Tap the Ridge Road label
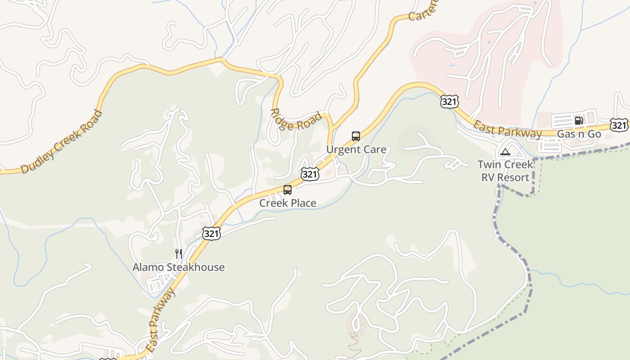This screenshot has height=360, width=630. pos(297,120)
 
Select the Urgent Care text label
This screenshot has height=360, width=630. pos(356,149)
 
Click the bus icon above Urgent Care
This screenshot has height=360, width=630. pos(356,136)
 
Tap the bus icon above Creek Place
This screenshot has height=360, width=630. pos(288,190)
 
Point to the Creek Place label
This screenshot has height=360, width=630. pos(288,203)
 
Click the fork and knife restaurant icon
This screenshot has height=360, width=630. pos(179,254)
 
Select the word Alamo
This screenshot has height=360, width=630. pos(148,267)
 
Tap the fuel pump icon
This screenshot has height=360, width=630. pos(579,120)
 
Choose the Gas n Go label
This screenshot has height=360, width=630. pos(579,134)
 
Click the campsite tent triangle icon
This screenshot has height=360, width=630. pos(505,152)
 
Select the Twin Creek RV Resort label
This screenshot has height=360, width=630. pos(505,171)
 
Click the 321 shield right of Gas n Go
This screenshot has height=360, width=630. pos(619,125)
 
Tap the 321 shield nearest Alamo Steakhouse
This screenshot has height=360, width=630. pos(211,234)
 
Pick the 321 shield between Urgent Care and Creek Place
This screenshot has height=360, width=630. pos(310,174)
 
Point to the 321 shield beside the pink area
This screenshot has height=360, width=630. pos(450,102)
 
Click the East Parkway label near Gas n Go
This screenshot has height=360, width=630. pos(507,129)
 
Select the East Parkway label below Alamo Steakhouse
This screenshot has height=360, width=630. pos(160,320)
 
